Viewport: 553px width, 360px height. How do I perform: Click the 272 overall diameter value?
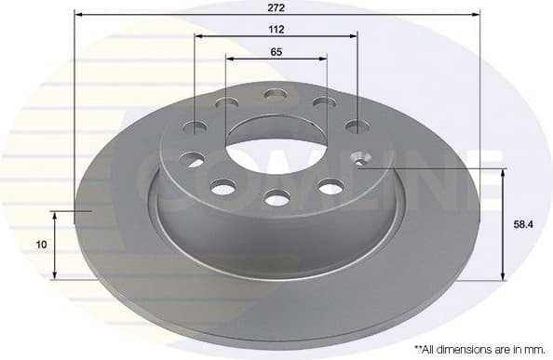[276, 7]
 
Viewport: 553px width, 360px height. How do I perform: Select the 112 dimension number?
[276, 29]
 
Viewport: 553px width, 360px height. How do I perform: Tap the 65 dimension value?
[276, 52]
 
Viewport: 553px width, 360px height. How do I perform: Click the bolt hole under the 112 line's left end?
[196, 125]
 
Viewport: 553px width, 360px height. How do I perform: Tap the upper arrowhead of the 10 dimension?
[56, 214]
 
